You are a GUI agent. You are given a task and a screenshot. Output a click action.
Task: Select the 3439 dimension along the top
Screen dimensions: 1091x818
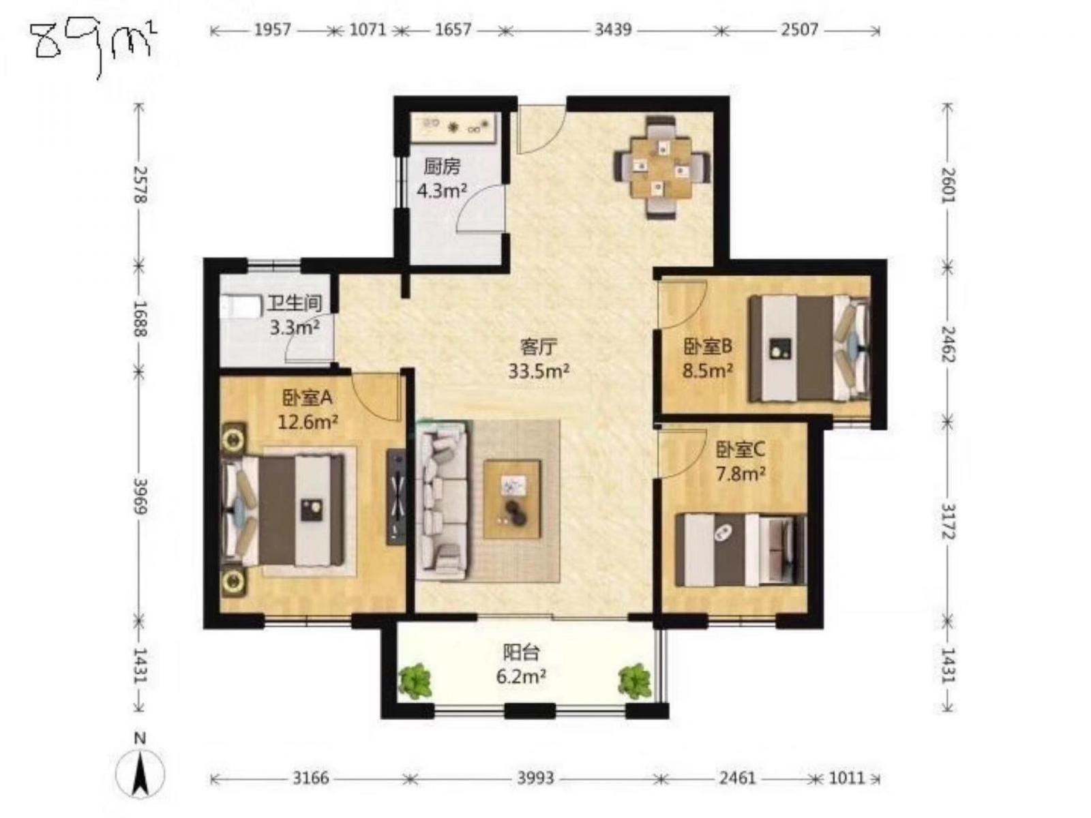tap(613, 30)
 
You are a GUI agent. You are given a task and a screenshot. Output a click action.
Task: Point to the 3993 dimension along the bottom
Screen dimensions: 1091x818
tap(535, 777)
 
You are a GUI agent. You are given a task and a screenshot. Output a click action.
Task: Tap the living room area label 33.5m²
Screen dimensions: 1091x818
tap(538, 371)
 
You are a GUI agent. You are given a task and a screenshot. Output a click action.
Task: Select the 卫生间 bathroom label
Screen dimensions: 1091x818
tap(295, 303)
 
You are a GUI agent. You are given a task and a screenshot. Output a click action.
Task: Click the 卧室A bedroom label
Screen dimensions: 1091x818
tap(307, 397)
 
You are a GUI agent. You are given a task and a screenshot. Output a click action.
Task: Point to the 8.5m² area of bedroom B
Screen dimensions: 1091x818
tap(707, 371)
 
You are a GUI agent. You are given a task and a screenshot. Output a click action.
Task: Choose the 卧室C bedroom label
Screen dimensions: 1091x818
tap(740, 450)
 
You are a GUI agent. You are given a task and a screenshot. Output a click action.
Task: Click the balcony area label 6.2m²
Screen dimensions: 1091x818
tap(522, 676)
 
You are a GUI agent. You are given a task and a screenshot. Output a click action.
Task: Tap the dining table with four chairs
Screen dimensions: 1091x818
tap(661, 167)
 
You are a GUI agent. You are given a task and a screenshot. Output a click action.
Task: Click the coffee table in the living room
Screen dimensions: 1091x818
tap(513, 499)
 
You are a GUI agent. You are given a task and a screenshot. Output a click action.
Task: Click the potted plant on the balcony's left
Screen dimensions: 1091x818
tap(415, 681)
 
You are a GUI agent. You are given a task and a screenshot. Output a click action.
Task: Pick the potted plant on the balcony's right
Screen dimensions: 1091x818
tap(634, 681)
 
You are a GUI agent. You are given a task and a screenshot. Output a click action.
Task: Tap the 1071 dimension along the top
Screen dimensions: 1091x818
tap(368, 30)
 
